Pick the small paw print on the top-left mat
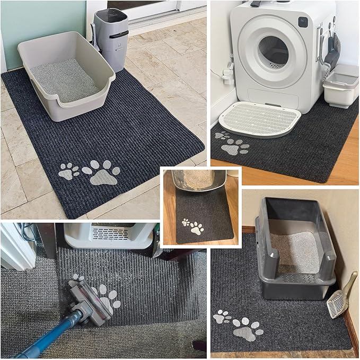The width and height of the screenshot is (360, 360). click(68, 171)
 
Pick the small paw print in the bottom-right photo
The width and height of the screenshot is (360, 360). click(222, 317)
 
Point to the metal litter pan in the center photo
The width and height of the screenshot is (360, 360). click(199, 180)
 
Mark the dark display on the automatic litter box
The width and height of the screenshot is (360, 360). click(302, 22)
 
